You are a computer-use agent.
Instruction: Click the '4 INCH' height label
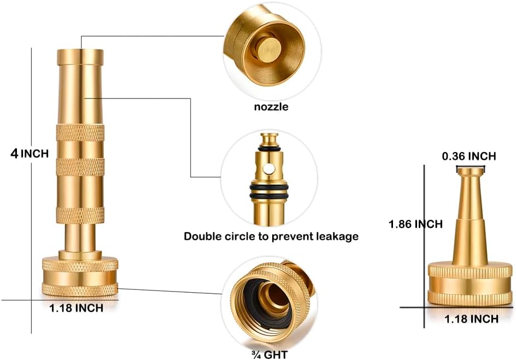(30, 154)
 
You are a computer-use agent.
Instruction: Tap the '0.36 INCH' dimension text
(468, 156)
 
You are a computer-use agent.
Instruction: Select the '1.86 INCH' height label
(415, 224)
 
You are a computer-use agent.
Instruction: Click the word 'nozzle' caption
(271, 107)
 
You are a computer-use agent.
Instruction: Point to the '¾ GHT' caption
(269, 355)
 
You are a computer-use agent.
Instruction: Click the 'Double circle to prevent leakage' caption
(271, 236)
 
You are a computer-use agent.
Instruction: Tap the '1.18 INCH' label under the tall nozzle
(76, 308)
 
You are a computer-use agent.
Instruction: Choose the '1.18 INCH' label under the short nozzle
(471, 319)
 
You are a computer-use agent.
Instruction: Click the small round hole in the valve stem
(270, 169)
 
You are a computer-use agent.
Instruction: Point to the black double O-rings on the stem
(269, 191)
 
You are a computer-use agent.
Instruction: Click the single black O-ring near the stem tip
(269, 149)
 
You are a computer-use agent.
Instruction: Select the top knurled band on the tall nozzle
(80, 133)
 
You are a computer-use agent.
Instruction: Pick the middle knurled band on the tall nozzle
(80, 167)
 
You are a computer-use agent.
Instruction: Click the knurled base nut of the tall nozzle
(80, 276)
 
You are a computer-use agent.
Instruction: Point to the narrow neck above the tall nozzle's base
(80, 237)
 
